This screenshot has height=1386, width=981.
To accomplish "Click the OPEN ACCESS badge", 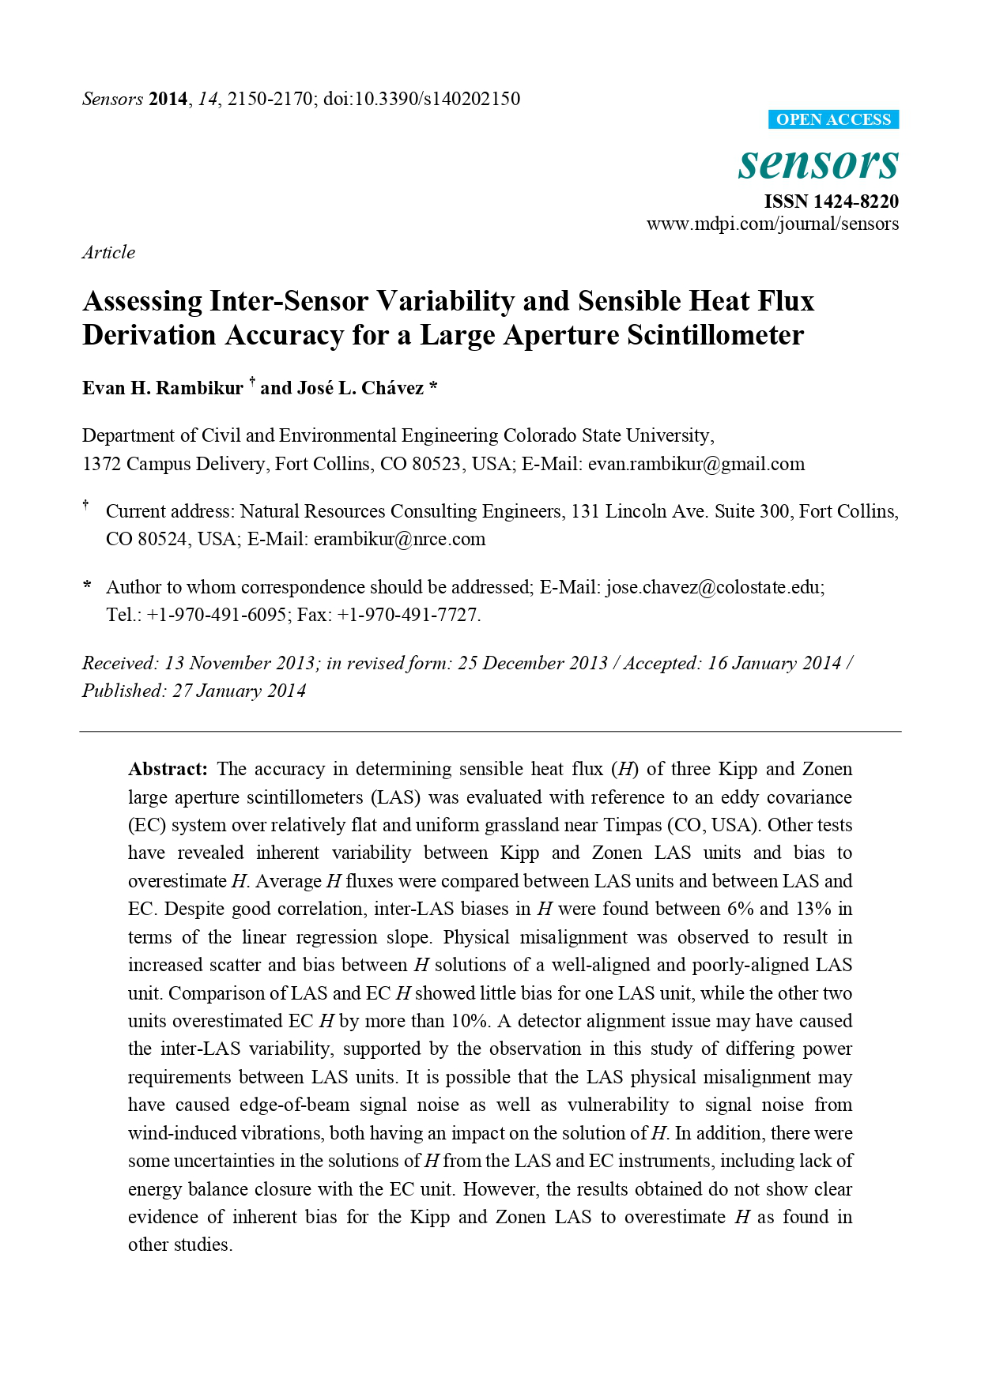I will (x=833, y=120).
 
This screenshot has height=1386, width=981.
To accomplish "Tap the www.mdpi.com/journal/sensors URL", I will (x=772, y=224).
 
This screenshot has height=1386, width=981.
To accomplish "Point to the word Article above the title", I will (x=108, y=252).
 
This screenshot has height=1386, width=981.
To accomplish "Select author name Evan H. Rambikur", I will (x=163, y=388).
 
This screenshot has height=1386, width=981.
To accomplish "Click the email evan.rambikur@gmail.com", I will (x=696, y=464).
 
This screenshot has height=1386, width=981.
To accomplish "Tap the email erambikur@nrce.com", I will (x=399, y=539).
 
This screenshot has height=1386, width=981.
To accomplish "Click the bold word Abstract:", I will (x=168, y=769).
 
